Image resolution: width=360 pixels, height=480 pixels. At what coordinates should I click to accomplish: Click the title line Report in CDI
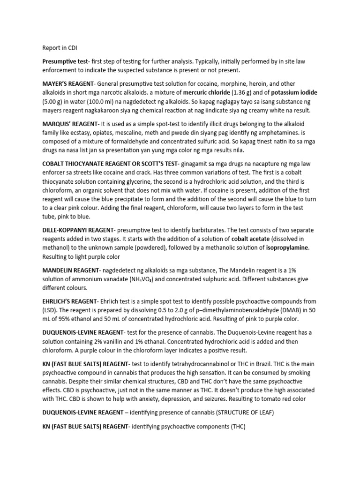coord(59,47)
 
